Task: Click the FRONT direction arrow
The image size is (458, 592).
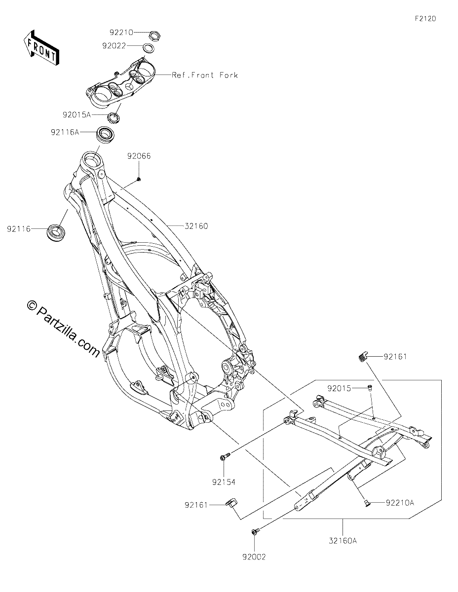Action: (41, 48)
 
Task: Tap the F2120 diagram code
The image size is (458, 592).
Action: (425, 19)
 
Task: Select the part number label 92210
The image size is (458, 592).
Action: (121, 33)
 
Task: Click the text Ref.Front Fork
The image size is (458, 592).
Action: (205, 75)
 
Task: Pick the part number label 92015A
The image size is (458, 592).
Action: (76, 114)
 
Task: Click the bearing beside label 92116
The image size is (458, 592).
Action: (56, 232)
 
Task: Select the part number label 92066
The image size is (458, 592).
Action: (139, 156)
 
